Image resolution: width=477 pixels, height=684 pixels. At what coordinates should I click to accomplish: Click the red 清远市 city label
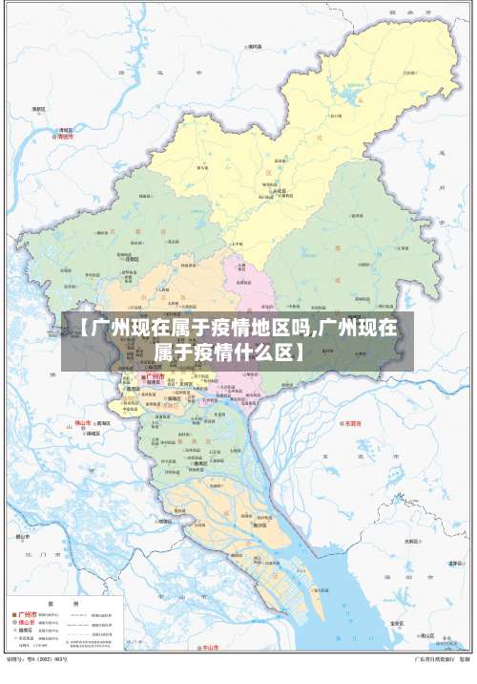[65, 137]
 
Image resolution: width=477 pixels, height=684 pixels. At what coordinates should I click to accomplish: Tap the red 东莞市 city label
[354, 423]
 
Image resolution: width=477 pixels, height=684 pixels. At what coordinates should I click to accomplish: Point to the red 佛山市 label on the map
[83, 423]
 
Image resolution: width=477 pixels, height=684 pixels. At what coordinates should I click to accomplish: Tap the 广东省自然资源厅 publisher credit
[434, 659]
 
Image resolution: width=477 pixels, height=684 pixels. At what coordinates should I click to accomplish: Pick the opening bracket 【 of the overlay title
[83, 330]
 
